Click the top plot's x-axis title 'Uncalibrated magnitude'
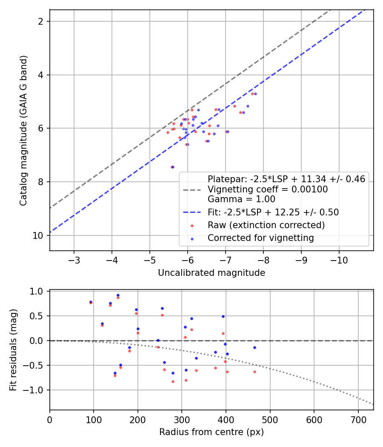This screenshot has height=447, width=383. pyautogui.click(x=212, y=273)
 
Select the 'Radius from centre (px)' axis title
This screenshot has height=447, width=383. pyautogui.click(x=212, y=432)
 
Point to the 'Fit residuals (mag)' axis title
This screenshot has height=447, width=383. pyautogui.click(x=13, y=350)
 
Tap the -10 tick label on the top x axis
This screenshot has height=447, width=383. pyautogui.click(x=339, y=260)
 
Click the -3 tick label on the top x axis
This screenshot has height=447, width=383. pyautogui.click(x=74, y=260)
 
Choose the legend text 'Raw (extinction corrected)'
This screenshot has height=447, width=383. pyautogui.click(x=266, y=225)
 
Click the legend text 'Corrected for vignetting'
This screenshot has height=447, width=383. pyautogui.click(x=260, y=238)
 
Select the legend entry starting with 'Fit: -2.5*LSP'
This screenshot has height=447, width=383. pyautogui.click(x=273, y=212)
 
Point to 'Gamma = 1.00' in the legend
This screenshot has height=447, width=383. pyautogui.click(x=241, y=199)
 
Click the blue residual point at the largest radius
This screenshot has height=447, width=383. pyautogui.click(x=254, y=347)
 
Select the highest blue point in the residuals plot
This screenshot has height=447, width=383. pyautogui.click(x=118, y=295)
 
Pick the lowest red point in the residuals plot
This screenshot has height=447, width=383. pyautogui.click(x=173, y=381)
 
